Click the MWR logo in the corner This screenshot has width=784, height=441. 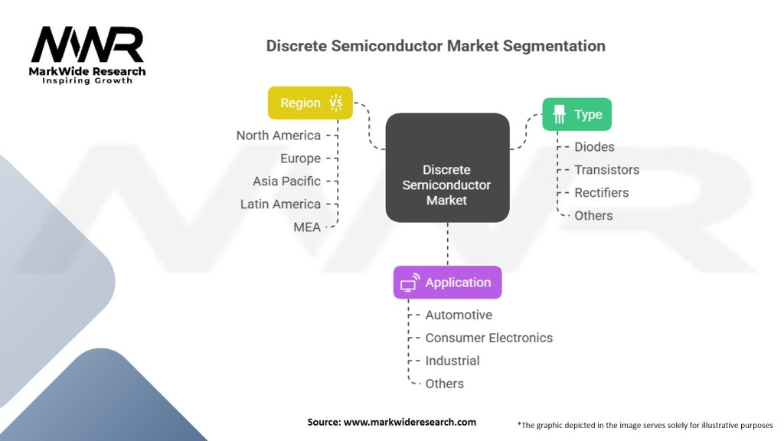click(87, 54)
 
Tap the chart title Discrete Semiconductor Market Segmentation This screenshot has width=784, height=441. click(435, 46)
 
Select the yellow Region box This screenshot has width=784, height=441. click(310, 103)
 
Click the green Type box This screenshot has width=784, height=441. click(577, 114)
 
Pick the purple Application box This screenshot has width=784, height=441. click(447, 283)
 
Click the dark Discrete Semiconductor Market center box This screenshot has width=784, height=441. click(447, 168)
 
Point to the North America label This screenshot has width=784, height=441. click(279, 136)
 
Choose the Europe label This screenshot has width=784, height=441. click(300, 158)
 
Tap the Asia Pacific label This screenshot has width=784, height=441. click(287, 181)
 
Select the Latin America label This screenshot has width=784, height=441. click(280, 204)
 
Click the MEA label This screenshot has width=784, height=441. click(307, 227)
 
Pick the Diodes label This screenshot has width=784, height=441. click(595, 147)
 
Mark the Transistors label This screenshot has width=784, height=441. click(607, 170)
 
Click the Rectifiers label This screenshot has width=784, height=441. click(602, 193)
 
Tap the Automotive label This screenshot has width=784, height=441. click(459, 315)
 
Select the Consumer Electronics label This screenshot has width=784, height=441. click(488, 338)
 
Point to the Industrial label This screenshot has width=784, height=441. click(452, 361)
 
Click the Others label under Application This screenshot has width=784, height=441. click(445, 384)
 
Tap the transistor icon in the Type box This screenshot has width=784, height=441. click(559, 114)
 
